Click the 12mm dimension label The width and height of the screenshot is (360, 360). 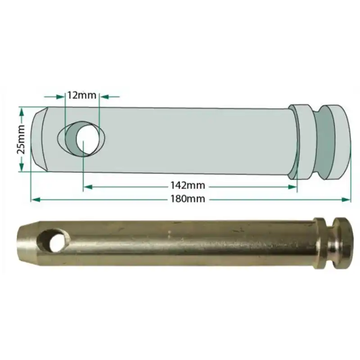(81, 95)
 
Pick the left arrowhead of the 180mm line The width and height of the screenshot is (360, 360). (34, 198)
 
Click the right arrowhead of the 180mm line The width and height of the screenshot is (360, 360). (347, 198)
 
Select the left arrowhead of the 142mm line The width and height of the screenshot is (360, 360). (87, 186)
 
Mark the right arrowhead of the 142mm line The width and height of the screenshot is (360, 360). (293, 186)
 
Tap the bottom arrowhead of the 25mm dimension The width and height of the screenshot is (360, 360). (21, 168)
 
